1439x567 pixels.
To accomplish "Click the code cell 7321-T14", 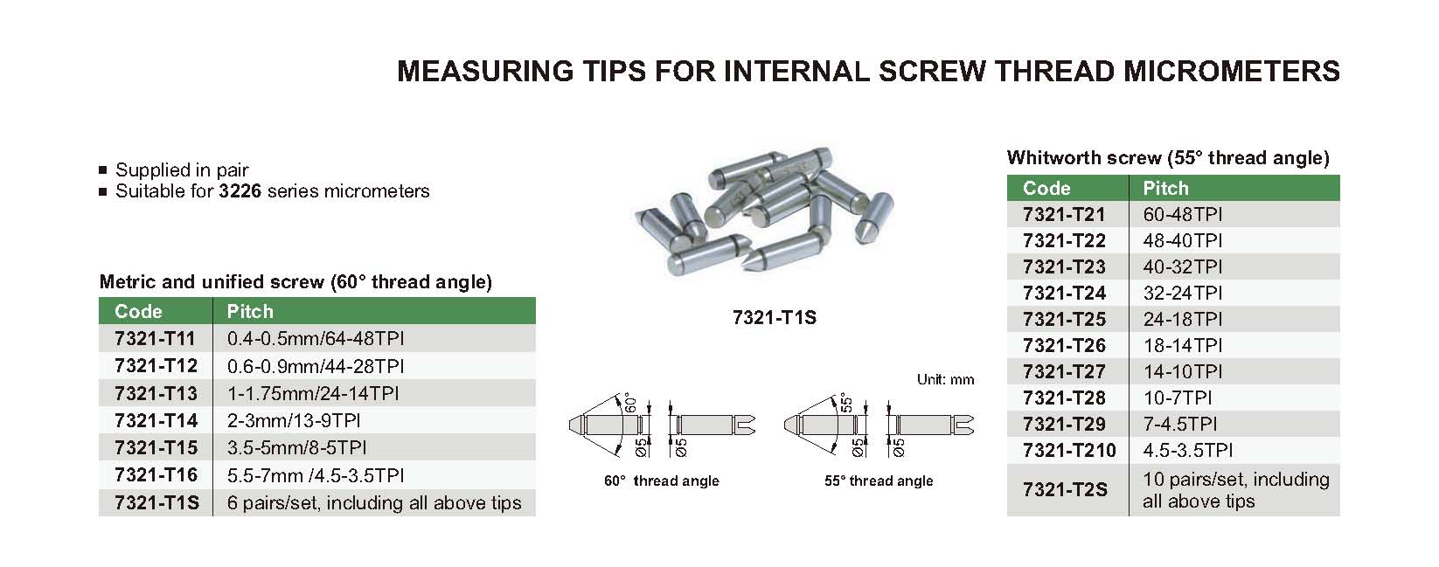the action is point(156,420).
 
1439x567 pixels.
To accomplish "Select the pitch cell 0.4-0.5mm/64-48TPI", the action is point(316,338).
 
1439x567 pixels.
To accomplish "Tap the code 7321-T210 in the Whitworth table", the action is point(1069,450).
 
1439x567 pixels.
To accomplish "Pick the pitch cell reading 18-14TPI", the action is point(1183,345).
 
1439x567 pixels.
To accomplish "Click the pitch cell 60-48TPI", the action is point(1183,214).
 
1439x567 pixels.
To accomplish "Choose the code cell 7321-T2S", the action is point(1065,490).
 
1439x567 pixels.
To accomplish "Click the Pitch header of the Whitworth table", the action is point(1166,188).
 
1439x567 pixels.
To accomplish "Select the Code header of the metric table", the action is point(138,311).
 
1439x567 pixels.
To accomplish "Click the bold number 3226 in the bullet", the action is point(240,191).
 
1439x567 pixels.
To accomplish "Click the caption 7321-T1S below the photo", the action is point(774,318).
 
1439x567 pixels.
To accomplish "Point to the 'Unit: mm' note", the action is point(946,379).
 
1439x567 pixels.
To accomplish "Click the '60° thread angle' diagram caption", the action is point(662,481).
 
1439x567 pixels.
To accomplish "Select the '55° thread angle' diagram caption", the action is point(879,481).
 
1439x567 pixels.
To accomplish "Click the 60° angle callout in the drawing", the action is point(631,403).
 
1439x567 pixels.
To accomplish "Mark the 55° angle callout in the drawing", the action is point(846,403).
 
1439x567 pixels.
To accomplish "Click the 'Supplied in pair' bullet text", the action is point(182,170).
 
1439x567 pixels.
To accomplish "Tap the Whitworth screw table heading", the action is point(1168,158).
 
